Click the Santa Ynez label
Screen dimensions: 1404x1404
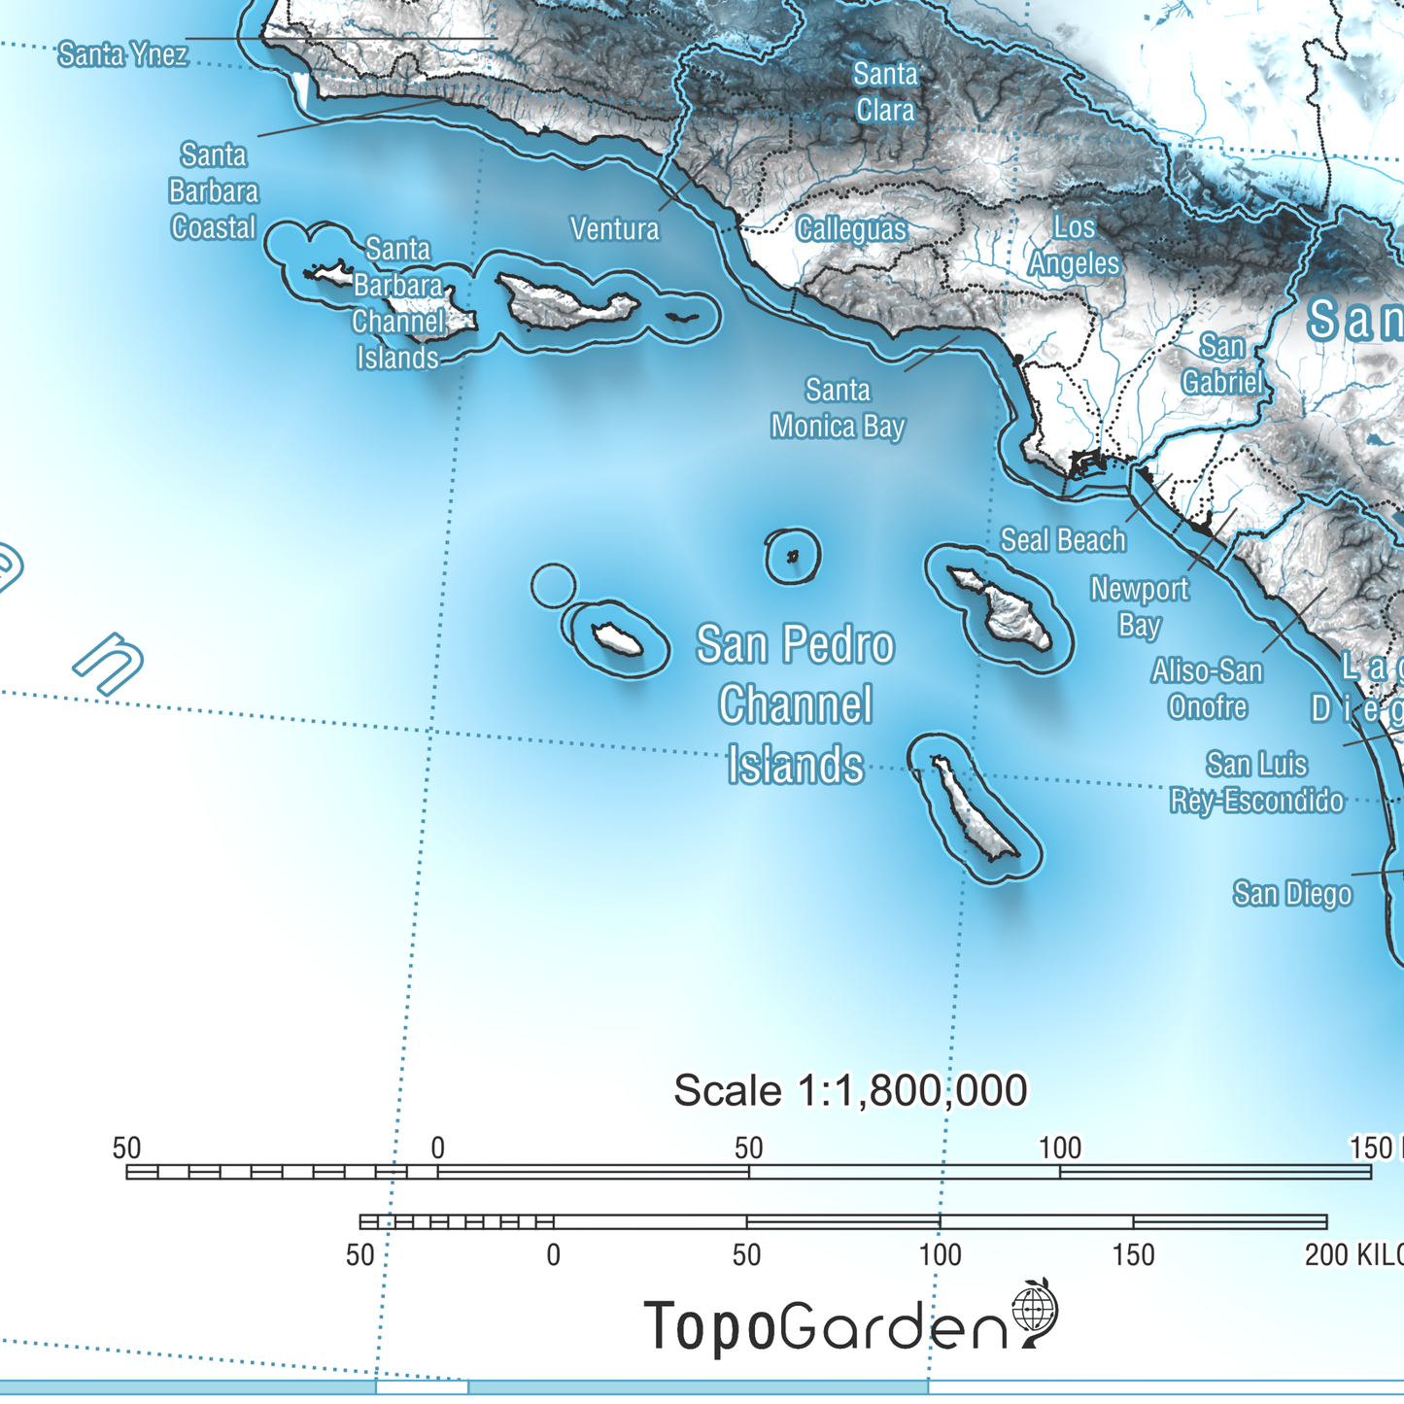[122, 54]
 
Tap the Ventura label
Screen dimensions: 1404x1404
[614, 229]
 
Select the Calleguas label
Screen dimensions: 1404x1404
[851, 229]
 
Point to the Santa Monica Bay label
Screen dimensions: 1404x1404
[838, 408]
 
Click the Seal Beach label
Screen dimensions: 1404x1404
[1063, 540]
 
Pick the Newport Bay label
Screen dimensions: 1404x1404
[1139, 606]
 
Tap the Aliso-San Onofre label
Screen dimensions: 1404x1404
[1207, 688]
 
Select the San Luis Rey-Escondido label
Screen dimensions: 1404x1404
[1256, 782]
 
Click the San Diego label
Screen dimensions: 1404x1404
[1292, 893]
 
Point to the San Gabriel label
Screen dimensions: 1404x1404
[1222, 363]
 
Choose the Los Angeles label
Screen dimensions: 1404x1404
[1074, 245]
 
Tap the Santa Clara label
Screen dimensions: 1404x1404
[885, 91]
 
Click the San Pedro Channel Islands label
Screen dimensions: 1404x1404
[796, 704]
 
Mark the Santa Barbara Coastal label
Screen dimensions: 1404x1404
[214, 190]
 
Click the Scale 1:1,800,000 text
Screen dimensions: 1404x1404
[850, 1090]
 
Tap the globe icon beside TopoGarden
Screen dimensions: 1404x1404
[1034, 1309]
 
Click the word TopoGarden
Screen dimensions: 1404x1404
[826, 1325]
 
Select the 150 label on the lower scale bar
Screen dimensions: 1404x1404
[1133, 1254]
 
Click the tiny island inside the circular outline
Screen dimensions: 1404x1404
[792, 557]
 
